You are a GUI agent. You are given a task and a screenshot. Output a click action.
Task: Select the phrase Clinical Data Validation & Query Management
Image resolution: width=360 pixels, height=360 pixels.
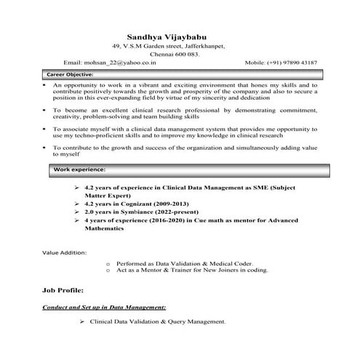tap(158, 321)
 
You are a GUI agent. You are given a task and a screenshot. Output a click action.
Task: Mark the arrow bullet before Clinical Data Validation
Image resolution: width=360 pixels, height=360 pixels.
tap(83, 321)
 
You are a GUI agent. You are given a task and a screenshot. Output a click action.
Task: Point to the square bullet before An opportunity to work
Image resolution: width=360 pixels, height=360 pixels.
tap(44, 85)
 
